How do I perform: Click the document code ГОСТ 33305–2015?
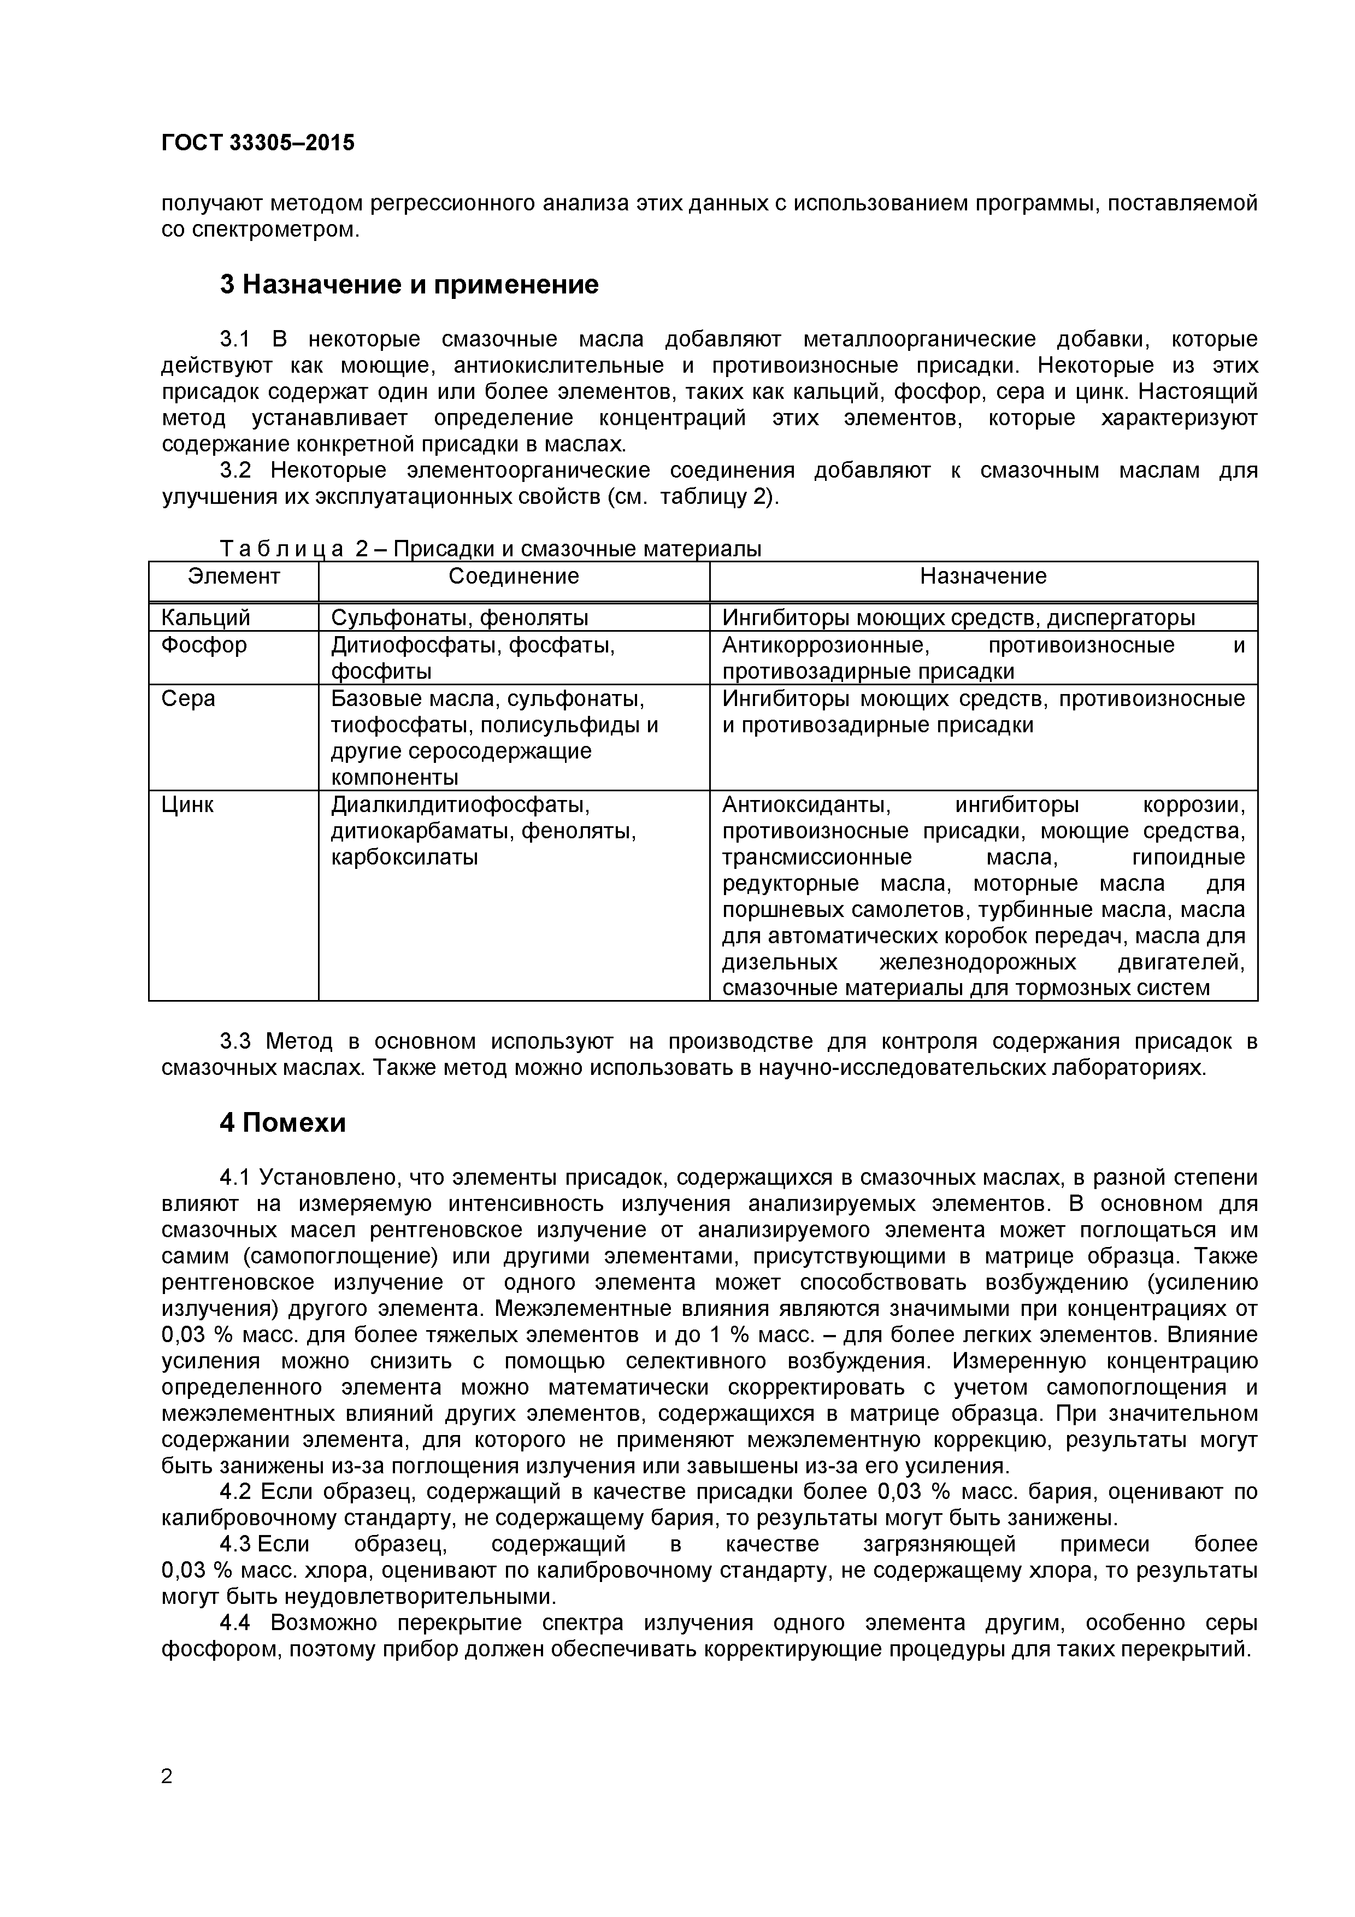257,143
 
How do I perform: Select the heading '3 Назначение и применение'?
409,285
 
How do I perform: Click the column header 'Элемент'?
234,576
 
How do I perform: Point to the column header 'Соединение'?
514,576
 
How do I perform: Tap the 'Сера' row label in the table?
188,699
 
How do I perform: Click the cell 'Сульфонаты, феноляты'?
459,618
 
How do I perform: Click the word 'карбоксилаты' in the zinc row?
404,857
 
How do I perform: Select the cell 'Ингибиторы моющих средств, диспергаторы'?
958,618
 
